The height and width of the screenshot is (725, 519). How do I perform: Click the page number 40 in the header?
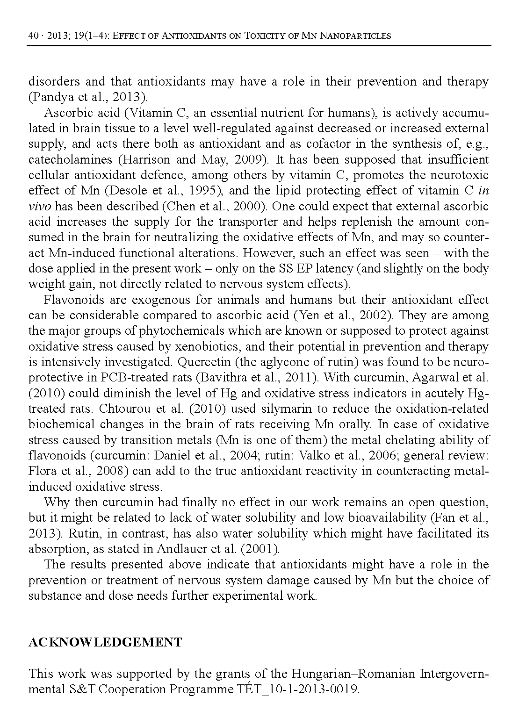33,36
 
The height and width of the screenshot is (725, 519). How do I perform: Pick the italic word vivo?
39,206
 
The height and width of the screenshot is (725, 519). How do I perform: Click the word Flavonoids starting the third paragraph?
72,300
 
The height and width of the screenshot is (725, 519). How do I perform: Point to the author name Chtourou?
126,409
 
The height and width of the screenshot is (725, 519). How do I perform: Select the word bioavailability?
380,518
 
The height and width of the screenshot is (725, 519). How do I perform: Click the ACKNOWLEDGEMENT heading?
105,642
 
